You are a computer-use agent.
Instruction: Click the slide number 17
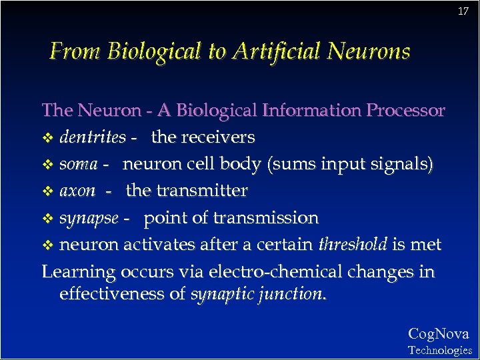[x=463, y=12]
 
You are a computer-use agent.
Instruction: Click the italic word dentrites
[x=93, y=137]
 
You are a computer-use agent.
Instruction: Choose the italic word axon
[x=77, y=191]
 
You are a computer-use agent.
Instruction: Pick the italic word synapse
[x=89, y=219]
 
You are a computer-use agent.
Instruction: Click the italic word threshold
[x=353, y=245]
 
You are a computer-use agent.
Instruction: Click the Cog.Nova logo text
[x=438, y=334]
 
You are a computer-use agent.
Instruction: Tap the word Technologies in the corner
[x=439, y=350]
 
